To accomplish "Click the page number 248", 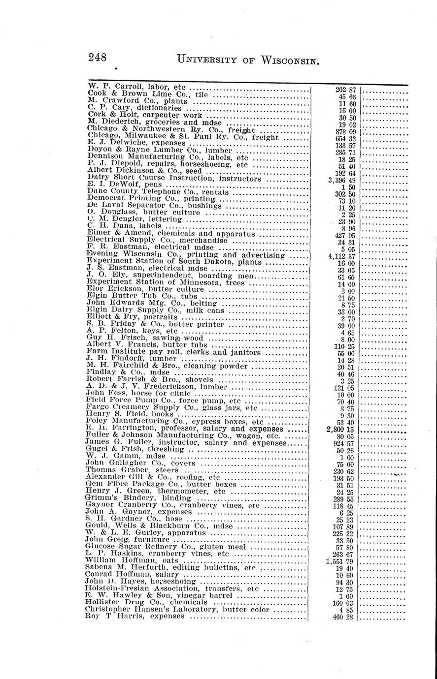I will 98,58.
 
